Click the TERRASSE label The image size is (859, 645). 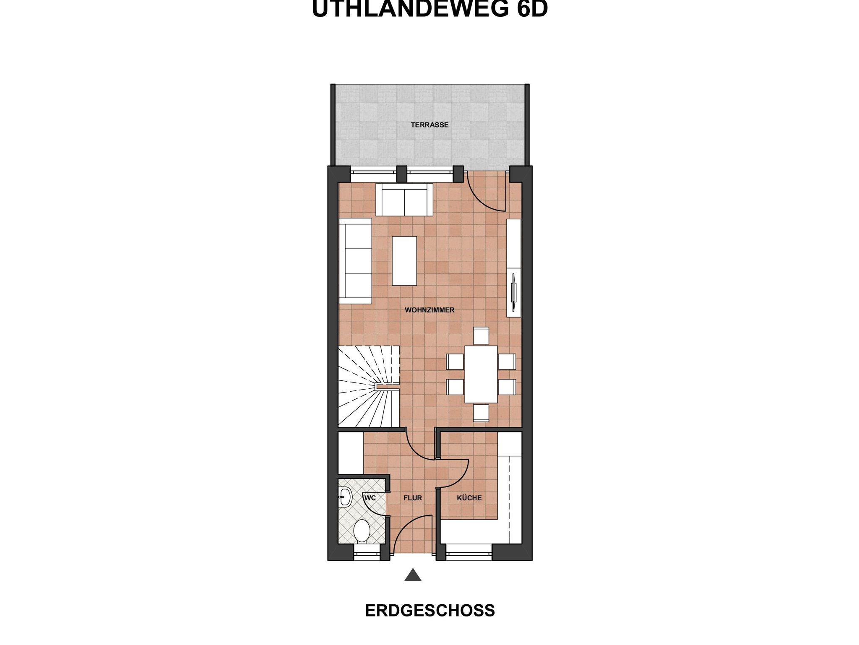[x=429, y=125]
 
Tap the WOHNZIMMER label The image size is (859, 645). [x=429, y=310]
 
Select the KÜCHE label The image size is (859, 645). [x=469, y=498]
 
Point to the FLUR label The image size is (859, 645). [x=413, y=498]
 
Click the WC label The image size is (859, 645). [x=370, y=498]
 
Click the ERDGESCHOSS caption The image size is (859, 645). [x=430, y=611]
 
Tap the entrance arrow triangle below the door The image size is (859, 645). [x=413, y=575]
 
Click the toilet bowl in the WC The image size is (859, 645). [x=362, y=531]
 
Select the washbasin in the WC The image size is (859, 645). [x=345, y=498]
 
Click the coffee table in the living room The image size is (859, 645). [x=404, y=261]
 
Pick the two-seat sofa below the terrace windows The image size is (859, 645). [x=404, y=200]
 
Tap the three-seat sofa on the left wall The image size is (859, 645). [x=355, y=261]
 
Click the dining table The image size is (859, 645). [x=481, y=374]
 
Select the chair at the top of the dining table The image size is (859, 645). [x=481, y=336]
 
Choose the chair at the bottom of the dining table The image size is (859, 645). [x=481, y=413]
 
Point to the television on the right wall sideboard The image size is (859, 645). [x=513, y=293]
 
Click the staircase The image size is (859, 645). [x=369, y=386]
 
